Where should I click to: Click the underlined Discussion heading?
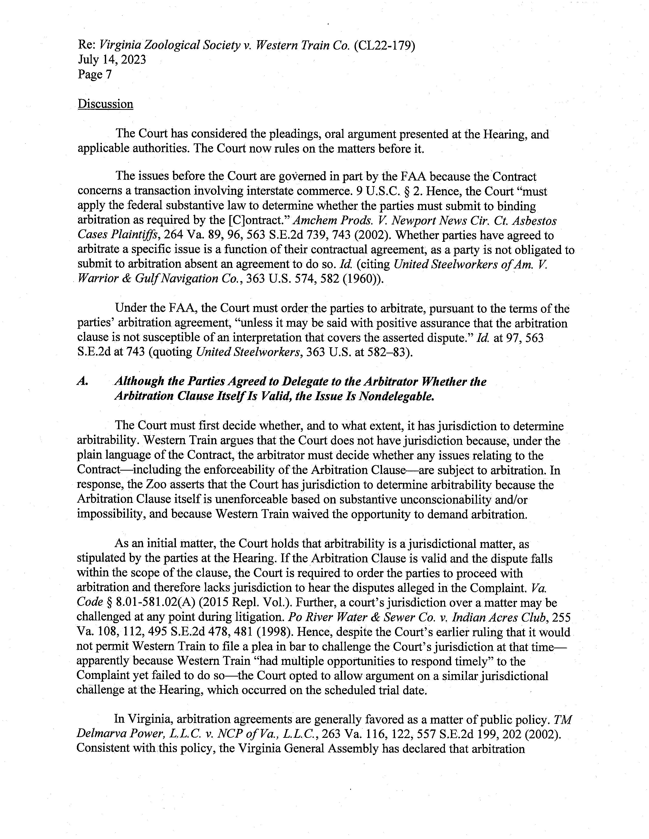105,104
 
